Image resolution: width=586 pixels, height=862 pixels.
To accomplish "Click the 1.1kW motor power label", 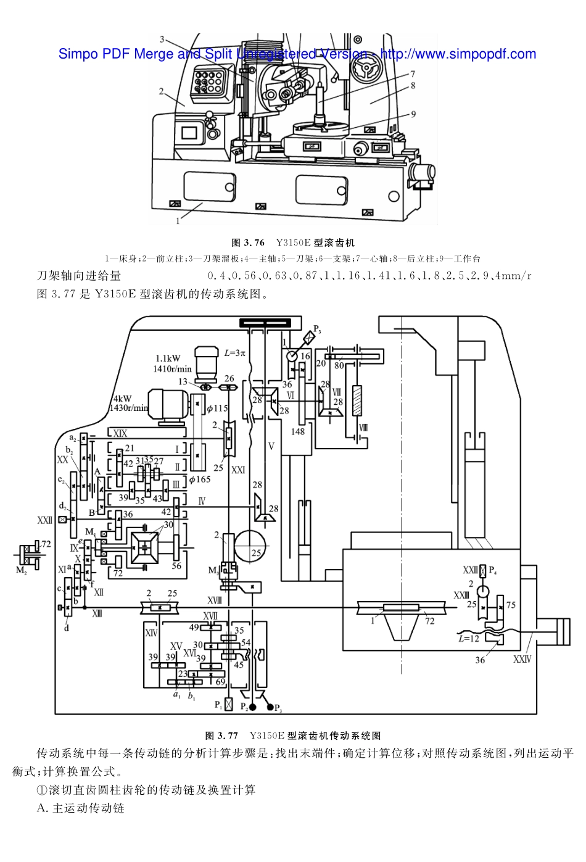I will pyautogui.click(x=168, y=358).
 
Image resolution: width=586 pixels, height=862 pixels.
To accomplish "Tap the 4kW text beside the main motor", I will pyautogui.click(x=122, y=399).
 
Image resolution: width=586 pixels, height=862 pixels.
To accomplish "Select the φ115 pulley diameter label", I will pyautogui.click(x=217, y=408).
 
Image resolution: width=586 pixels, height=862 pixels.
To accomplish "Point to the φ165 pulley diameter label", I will pyautogui.click(x=199, y=479).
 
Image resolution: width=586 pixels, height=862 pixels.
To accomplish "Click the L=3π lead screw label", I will pyautogui.click(x=234, y=353).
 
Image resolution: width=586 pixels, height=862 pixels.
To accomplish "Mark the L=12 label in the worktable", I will pyautogui.click(x=469, y=639).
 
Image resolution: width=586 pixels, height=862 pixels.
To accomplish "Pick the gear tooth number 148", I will pyautogui.click(x=298, y=431).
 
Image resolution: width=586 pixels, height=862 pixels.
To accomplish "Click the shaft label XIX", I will pyautogui.click(x=120, y=434).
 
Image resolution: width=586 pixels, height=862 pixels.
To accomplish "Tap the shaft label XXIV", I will pyautogui.click(x=522, y=659).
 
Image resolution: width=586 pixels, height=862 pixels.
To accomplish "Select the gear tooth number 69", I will pyautogui.click(x=220, y=682).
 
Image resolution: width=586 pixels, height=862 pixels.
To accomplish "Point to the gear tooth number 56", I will pyautogui.click(x=176, y=565).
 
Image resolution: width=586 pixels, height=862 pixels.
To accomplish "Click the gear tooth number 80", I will pyautogui.click(x=339, y=365).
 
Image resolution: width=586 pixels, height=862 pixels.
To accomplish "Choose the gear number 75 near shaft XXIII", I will pyautogui.click(x=511, y=605).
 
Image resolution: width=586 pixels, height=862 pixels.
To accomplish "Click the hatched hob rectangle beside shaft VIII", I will pyautogui.click(x=357, y=400).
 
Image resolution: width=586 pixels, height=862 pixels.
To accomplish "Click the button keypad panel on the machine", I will pyautogui.click(x=208, y=81).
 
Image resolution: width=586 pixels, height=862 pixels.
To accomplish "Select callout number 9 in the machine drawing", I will pyautogui.click(x=413, y=114).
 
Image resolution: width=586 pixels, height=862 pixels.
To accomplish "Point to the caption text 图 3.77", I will pyautogui.click(x=221, y=736).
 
